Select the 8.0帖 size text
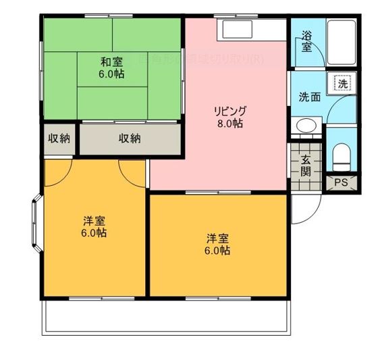230,124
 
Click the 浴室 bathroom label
307,41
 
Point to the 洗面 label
310,97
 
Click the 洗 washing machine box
342,84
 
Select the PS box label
341,182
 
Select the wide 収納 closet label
130,138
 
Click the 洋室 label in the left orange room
94,221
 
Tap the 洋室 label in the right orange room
217,238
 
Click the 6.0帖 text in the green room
113,74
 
